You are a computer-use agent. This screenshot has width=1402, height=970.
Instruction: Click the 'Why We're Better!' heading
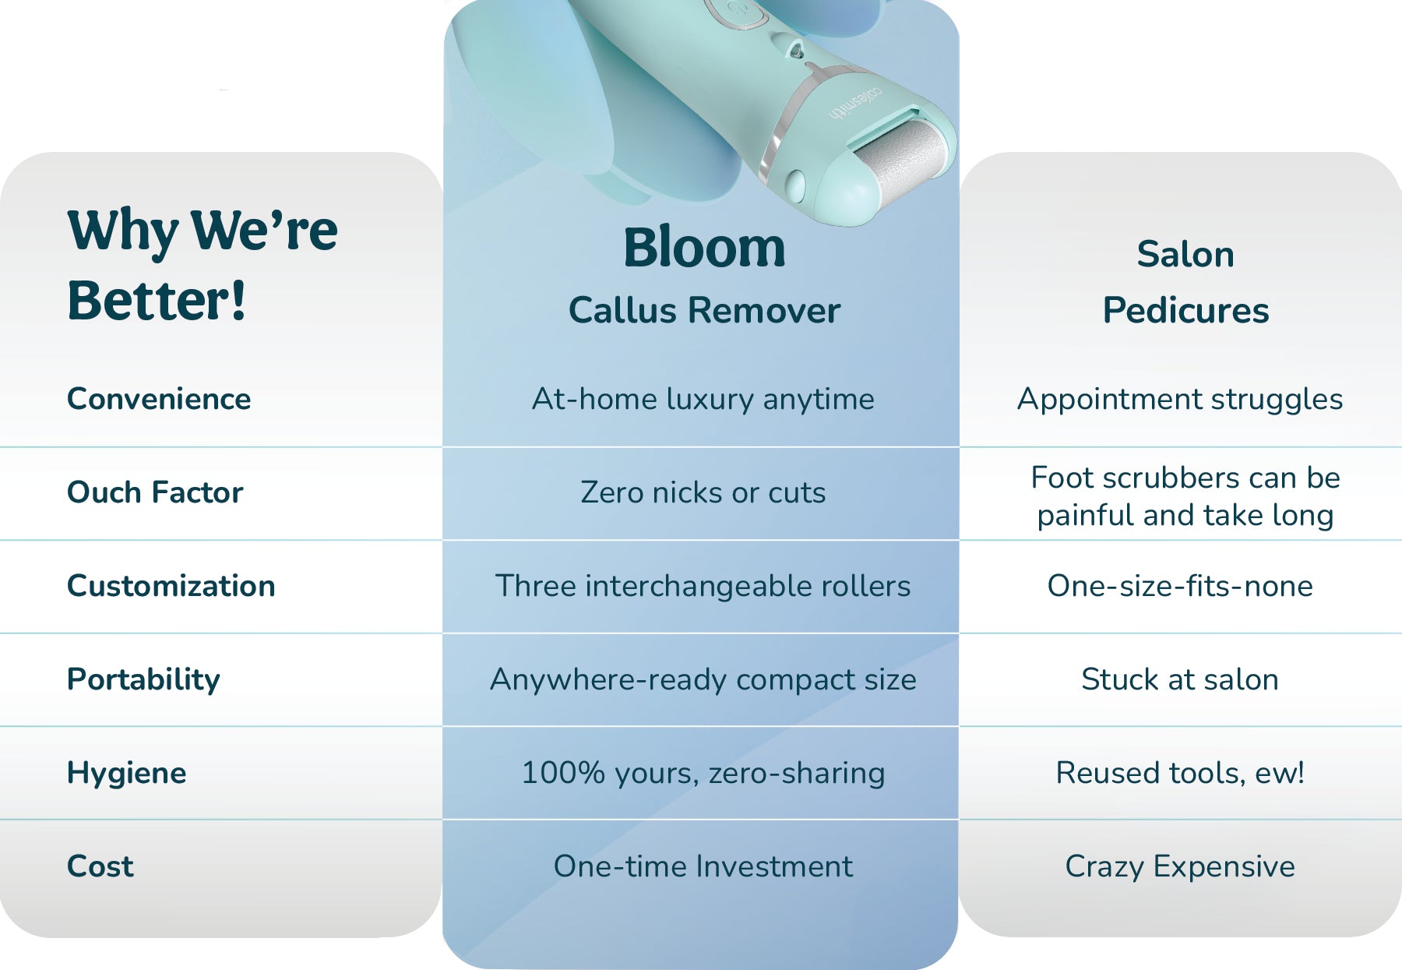point(203,265)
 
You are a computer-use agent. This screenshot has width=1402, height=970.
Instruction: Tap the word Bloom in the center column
point(704,248)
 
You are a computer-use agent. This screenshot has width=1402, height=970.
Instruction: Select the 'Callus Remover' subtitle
point(704,310)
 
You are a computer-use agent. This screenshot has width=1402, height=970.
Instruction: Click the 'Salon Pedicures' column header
point(1185,282)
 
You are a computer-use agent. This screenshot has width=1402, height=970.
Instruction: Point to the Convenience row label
point(159,399)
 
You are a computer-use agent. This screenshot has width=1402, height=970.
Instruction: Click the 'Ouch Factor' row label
point(155,492)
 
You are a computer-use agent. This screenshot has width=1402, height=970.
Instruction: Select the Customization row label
point(171,586)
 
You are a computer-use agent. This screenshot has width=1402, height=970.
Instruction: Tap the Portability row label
point(143,679)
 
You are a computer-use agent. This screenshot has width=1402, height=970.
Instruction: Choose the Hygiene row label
point(127,773)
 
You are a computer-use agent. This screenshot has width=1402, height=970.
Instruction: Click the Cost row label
point(100,866)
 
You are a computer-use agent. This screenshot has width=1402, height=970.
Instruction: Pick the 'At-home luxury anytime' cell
point(703,399)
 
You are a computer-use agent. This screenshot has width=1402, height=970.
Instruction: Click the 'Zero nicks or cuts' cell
point(703,492)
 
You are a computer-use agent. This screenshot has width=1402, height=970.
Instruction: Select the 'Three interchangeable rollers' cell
point(703,586)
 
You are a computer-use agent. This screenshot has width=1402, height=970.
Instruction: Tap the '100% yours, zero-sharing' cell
point(703,773)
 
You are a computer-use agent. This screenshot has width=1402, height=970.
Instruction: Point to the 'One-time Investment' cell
point(703,866)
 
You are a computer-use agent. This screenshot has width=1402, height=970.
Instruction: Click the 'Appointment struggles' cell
point(1180,399)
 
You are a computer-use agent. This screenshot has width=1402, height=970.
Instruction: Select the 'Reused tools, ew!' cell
point(1180,773)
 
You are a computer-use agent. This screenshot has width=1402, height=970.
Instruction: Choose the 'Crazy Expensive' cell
point(1180,866)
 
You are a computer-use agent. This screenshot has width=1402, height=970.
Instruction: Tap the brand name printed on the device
point(855,103)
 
